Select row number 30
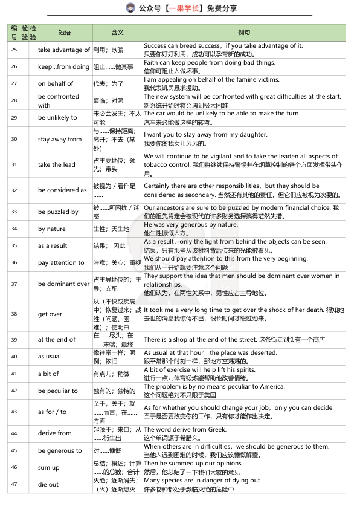[x=14, y=139]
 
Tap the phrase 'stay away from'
[x=60, y=139]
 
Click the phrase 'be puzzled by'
[x=58, y=212]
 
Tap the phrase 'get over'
[x=50, y=314]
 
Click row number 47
[x=14, y=484]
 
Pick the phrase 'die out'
[x=48, y=484]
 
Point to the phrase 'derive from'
[x=55, y=433]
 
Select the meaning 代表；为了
[x=108, y=83]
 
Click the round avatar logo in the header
[x=130, y=8]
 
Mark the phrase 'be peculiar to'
[x=58, y=391]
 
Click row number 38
[x=14, y=314]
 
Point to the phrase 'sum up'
[x=48, y=467]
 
